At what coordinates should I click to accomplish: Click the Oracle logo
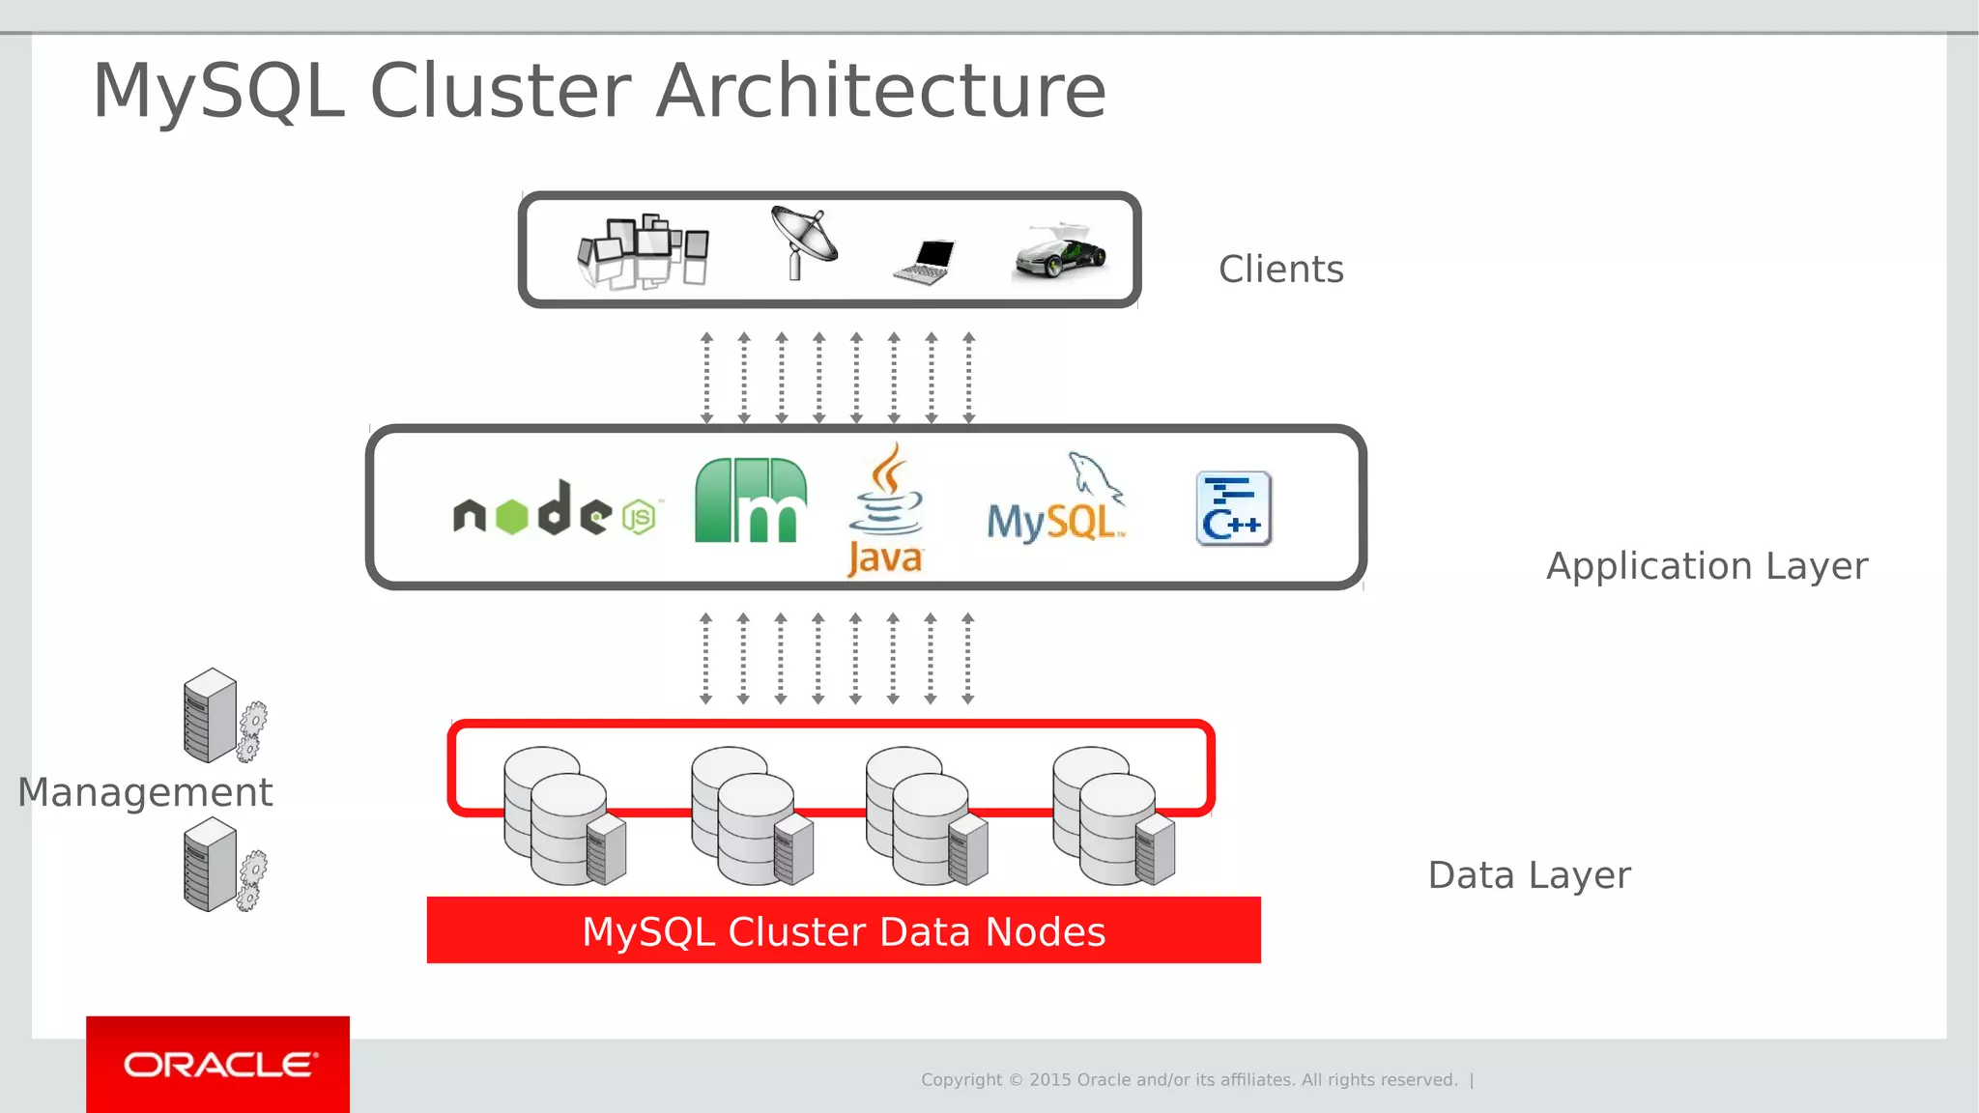tap(218, 1065)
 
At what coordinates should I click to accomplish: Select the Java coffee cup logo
tap(885, 510)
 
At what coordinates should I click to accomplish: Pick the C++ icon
tap(1233, 509)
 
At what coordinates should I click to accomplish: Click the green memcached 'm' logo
tap(750, 500)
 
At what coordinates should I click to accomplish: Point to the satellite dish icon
tap(803, 242)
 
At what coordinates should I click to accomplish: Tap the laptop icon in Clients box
tap(926, 261)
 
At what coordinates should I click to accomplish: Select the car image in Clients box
tap(1060, 253)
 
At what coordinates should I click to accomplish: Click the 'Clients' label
tap(1280, 270)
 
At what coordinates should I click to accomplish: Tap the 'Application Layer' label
tap(1707, 566)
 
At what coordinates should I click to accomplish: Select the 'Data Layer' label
tap(1529, 875)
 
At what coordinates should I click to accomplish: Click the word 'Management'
tap(145, 793)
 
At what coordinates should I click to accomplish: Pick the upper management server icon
tap(222, 716)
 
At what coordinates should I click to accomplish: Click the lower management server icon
tap(222, 866)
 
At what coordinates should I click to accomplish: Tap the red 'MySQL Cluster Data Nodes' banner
tap(844, 930)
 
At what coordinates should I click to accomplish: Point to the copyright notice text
tap(1189, 1080)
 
